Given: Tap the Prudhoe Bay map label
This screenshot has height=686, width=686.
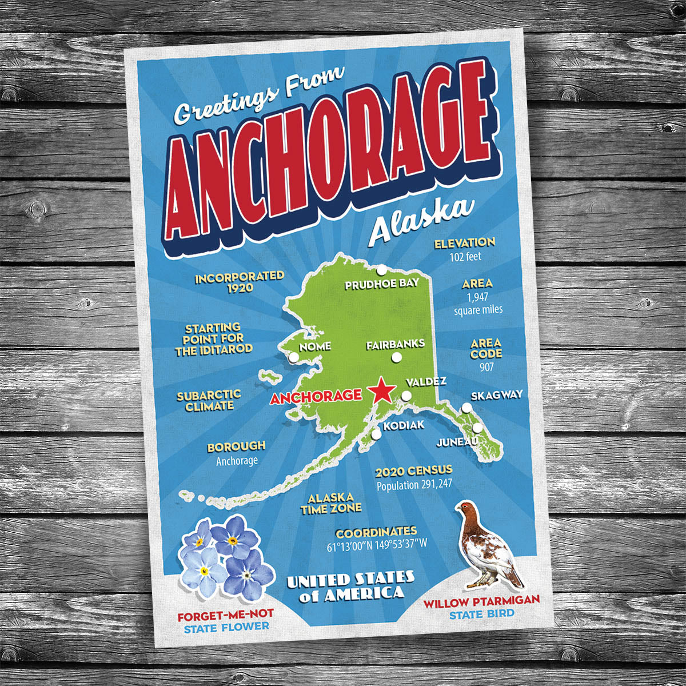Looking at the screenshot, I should click(x=382, y=284).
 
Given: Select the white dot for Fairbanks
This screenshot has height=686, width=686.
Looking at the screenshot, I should click(x=395, y=358).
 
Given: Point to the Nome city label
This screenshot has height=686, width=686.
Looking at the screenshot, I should click(x=315, y=346).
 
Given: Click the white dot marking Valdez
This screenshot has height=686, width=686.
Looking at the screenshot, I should click(x=406, y=396).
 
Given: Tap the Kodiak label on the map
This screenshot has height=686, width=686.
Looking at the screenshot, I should click(x=404, y=425).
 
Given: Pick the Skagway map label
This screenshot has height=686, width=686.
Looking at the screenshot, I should click(x=496, y=395).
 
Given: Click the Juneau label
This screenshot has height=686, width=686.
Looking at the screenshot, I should click(x=457, y=442).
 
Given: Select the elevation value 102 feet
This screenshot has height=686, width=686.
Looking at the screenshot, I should click(x=465, y=257).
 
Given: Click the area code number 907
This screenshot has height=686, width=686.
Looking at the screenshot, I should click(x=486, y=367).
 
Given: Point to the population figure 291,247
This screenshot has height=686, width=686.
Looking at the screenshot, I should click(x=414, y=485).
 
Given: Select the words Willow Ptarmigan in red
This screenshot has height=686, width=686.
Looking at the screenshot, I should click(x=481, y=602).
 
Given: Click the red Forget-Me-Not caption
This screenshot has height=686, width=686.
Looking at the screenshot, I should click(x=225, y=615).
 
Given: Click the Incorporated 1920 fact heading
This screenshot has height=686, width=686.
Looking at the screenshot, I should click(x=240, y=281).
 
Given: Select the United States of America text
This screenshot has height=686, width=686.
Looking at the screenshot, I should click(x=350, y=586).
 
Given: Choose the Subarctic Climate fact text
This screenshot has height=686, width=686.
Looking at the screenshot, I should click(x=209, y=401).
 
